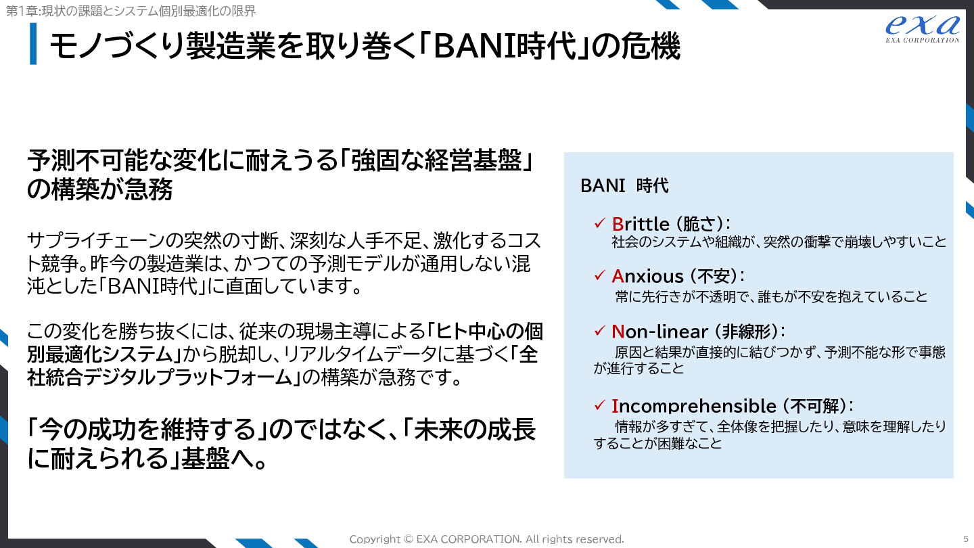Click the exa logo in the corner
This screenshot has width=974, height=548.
coord(923,28)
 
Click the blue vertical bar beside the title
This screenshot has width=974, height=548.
coord(33,43)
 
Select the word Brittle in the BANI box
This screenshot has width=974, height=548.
coord(641,224)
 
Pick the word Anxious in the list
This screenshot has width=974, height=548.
coord(647,276)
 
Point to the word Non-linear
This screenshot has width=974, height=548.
coord(659,332)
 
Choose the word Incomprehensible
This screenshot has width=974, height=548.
coord(693,406)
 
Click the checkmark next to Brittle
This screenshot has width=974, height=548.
coord(599,223)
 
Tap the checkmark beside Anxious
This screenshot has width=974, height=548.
coord(599,275)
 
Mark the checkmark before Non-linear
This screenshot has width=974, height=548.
coord(599,331)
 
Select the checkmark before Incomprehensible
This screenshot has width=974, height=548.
coord(599,405)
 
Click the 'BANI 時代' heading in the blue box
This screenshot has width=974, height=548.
coord(624,185)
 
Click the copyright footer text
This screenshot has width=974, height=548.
coord(486,539)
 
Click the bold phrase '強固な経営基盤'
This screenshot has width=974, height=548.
coord(436,160)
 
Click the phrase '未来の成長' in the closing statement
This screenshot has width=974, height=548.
coord(474,429)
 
